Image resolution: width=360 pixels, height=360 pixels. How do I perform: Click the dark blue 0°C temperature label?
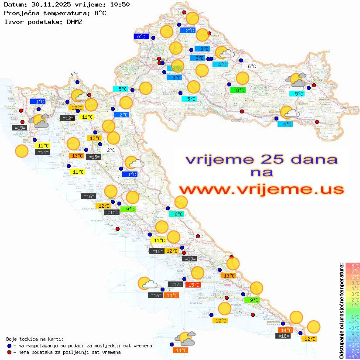141,37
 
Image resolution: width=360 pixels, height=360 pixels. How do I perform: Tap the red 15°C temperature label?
193,285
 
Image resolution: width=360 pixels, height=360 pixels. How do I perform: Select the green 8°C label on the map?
238,90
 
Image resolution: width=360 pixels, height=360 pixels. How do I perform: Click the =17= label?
176,285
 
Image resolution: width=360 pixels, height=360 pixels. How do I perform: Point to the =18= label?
284,336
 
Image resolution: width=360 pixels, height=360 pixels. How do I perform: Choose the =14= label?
43,152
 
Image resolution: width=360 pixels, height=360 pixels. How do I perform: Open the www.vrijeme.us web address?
261,189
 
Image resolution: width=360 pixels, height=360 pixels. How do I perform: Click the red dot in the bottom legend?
9,352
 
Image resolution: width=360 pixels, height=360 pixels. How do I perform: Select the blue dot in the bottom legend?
9,346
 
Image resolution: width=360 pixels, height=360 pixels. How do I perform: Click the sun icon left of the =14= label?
22,151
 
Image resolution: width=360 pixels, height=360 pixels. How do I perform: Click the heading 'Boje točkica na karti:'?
35,339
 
